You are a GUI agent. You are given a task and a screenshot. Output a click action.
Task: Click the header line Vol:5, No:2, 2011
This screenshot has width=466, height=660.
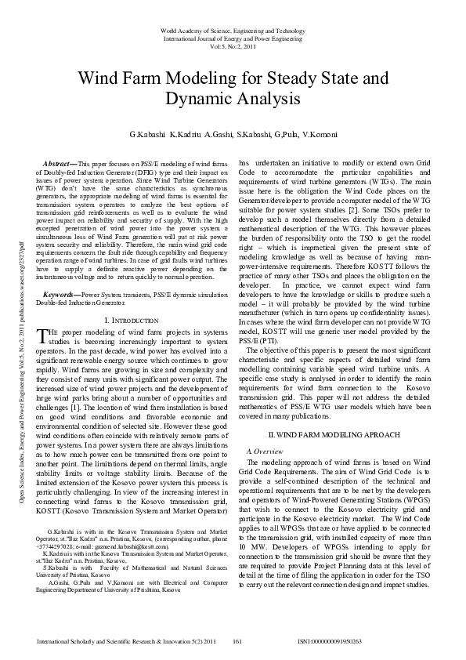point(233,47)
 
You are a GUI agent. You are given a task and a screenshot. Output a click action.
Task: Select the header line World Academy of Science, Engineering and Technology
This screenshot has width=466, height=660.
point(233,29)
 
